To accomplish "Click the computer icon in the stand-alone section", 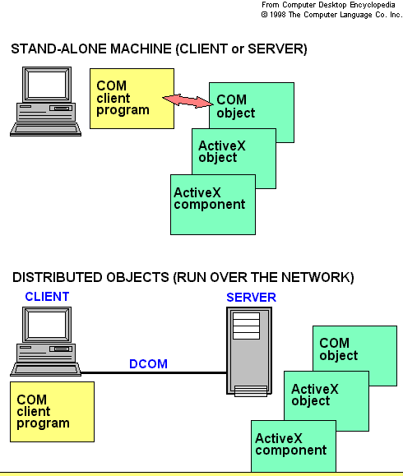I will [46, 103].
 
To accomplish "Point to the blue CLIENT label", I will [47, 296].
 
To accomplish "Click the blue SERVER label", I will [252, 297].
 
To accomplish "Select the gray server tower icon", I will [246, 351].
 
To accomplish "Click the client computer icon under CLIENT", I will [47, 341].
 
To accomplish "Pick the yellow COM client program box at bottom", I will [52, 412].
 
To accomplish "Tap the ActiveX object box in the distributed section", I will [317, 395].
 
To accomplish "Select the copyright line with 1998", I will [332, 14].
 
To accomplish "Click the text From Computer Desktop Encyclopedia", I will [332, 5].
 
